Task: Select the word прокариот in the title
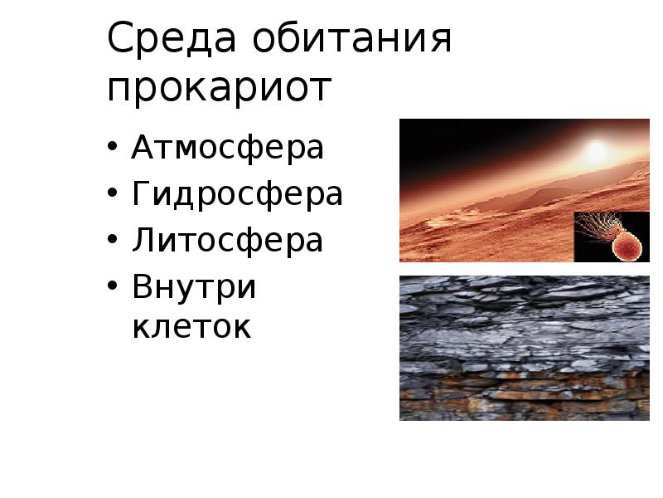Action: [219, 88]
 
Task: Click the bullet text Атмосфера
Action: [227, 149]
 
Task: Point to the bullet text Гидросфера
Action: [237, 195]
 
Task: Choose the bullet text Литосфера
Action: [227, 242]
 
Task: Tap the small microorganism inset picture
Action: [612, 237]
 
